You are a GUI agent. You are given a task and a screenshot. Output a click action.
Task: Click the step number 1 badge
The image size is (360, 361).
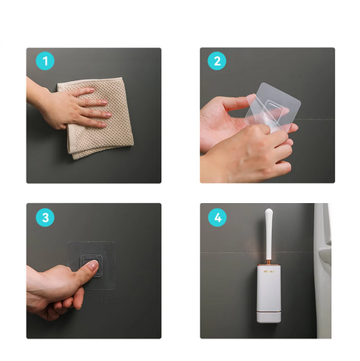[x=45, y=61]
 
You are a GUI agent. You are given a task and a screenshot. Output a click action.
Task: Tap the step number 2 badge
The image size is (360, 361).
[x=217, y=61]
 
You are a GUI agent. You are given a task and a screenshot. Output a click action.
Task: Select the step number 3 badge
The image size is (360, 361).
[x=45, y=217]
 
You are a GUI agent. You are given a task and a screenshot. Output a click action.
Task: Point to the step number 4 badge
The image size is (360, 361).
[x=218, y=217]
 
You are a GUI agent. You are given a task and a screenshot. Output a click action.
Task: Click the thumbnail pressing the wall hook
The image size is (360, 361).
[x=93, y=265]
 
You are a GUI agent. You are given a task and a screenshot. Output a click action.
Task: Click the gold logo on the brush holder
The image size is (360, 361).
[x=269, y=272]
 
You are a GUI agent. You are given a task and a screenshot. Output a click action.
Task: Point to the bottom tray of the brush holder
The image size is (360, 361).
[x=269, y=317]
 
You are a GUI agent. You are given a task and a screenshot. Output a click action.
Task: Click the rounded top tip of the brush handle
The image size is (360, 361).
[x=269, y=210]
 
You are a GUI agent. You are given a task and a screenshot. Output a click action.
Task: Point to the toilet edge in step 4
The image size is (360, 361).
[x=323, y=270]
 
